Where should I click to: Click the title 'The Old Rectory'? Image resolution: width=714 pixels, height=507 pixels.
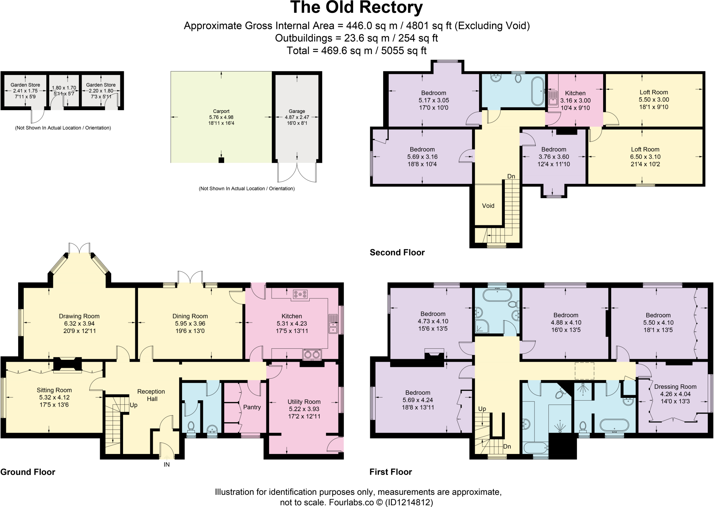(356, 8)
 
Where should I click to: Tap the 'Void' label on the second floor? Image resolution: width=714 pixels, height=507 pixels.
(488, 206)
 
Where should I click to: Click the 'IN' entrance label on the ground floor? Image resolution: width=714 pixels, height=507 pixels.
(167, 464)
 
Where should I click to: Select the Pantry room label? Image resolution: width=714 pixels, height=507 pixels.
(252, 407)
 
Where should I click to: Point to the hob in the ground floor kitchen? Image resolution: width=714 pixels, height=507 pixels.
(301, 295)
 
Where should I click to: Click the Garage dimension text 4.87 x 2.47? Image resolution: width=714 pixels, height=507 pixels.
(297, 117)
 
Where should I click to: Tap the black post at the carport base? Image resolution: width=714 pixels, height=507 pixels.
(221, 160)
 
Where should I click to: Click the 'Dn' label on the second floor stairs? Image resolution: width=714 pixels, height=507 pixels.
(511, 176)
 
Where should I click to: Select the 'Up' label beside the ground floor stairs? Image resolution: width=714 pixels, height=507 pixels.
(134, 405)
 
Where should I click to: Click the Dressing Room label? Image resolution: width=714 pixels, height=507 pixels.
(675, 387)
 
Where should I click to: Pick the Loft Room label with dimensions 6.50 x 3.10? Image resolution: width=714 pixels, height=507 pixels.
(645, 149)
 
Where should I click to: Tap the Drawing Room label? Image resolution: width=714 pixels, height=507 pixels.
(79, 316)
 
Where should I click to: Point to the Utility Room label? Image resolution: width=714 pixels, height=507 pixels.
(304, 402)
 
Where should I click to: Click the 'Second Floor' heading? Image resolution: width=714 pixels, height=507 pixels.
(397, 252)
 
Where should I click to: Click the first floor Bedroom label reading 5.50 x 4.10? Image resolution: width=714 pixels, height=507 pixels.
(658, 315)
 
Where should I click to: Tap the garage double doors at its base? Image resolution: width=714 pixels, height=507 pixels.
(297, 173)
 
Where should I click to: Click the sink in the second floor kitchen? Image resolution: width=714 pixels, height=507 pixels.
(553, 98)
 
